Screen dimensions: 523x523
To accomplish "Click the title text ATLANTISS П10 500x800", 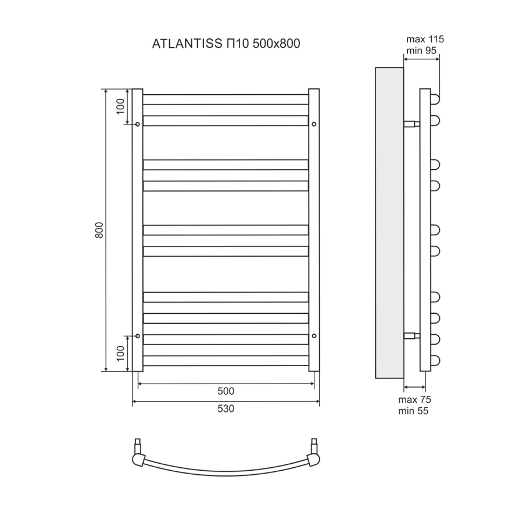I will point(225,44).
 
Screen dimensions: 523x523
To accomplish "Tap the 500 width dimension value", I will point(225,391).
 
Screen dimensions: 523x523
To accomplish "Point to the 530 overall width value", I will point(225,409).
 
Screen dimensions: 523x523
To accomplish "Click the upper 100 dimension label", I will point(120,106).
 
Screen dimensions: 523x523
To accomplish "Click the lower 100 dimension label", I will point(120,353).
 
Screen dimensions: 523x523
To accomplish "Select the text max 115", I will point(425,39).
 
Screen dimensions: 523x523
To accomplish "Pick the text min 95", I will point(422,51).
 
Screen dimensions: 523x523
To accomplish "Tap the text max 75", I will point(415,400).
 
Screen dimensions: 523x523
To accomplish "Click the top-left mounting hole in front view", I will point(138,124).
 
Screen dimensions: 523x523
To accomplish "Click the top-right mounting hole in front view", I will point(314,124).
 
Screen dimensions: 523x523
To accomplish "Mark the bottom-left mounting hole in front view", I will point(138,336).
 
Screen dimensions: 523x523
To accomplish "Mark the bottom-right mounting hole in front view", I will point(314,336).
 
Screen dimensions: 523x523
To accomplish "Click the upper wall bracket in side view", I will point(411,124).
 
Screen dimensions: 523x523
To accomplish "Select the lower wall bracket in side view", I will point(411,335).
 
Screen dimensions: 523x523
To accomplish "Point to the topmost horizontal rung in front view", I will point(225,99).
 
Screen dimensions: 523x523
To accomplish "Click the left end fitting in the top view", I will point(138,453).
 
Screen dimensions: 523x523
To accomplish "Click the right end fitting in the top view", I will point(314,453).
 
